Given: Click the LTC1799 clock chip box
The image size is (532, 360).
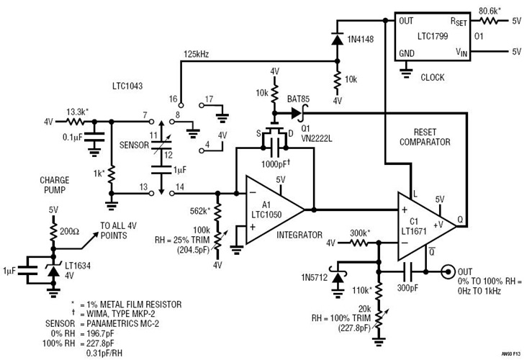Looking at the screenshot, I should [430, 37].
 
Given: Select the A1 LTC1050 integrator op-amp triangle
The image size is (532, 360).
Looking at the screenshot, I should [272, 210].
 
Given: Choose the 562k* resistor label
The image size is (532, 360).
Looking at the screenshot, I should [199, 211].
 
